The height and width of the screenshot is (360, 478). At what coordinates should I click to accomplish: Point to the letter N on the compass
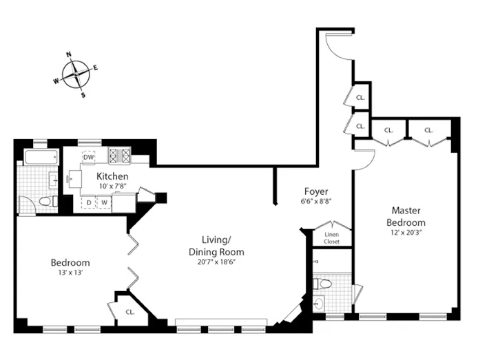click(x=69, y=54)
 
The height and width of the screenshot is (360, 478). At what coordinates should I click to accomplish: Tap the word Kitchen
click(x=112, y=176)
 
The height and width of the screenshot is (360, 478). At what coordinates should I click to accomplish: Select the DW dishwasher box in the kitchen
click(x=89, y=157)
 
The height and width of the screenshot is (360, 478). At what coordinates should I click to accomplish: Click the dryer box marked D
click(x=89, y=202)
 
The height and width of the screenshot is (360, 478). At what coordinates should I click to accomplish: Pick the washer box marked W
click(x=105, y=202)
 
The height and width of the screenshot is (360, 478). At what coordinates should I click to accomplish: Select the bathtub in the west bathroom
click(x=39, y=157)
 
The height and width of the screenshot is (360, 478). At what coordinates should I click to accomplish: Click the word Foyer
click(x=317, y=191)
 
